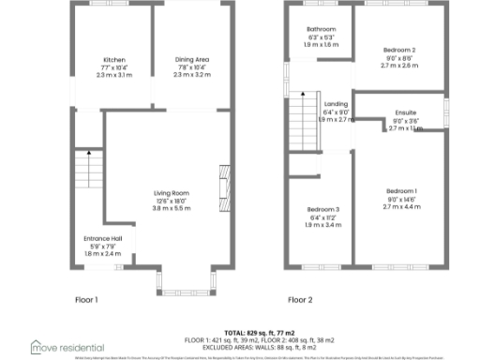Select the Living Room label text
point(172,193)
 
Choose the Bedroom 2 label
point(399,49)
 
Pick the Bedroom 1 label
point(400,191)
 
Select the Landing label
point(336,104)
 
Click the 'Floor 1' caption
point(86,300)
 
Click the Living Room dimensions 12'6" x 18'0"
point(172,201)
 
